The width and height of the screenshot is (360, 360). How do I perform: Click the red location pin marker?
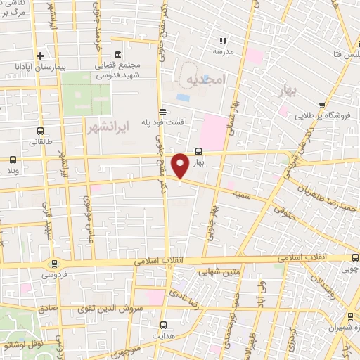(181, 165)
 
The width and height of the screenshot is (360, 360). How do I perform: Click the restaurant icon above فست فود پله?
(163, 111)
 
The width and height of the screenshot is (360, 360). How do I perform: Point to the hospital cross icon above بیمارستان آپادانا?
(41, 56)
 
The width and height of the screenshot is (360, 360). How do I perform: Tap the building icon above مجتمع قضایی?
(117, 55)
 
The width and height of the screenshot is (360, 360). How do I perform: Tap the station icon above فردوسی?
(54, 264)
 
